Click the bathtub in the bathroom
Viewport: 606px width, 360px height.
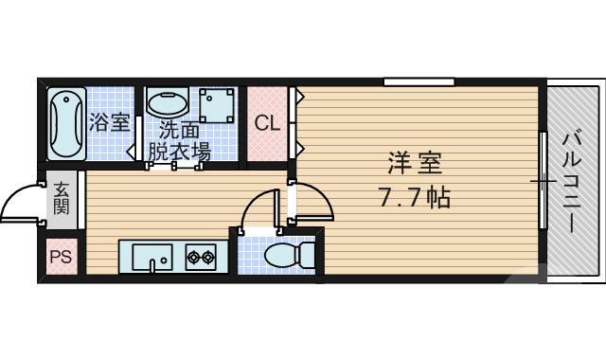[x=65, y=124]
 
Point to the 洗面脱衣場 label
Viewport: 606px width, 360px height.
[x=184, y=139]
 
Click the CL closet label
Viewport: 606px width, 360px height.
[x=267, y=123]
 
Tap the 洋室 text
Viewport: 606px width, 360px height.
[x=414, y=163]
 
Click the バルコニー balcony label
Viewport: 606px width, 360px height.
[x=573, y=180]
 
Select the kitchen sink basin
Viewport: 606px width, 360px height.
[x=151, y=256]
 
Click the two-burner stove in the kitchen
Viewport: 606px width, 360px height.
[x=200, y=256]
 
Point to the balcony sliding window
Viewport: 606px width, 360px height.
[x=543, y=180]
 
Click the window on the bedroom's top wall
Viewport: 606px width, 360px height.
[x=419, y=82]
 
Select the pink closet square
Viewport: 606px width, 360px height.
[x=268, y=124]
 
